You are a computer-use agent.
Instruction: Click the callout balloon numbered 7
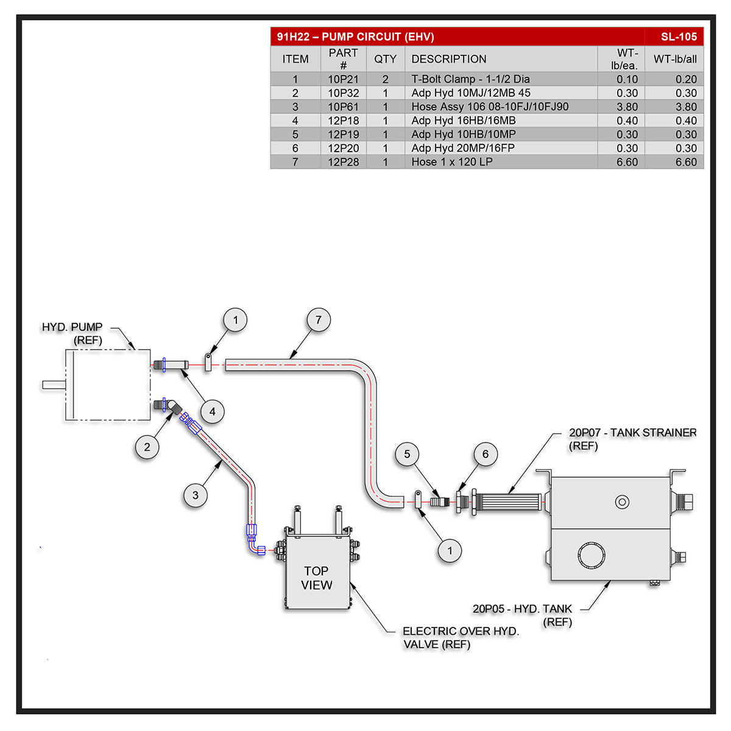[x=319, y=320]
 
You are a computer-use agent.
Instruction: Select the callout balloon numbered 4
[x=213, y=412]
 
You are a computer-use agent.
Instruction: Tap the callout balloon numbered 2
[x=147, y=447]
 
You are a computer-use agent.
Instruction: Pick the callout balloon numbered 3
[x=196, y=495]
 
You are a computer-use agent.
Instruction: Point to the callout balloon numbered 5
[x=408, y=454]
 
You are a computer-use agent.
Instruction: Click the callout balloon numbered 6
[x=486, y=454]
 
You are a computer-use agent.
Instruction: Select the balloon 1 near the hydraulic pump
[x=236, y=320]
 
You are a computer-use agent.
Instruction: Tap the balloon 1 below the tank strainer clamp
[x=450, y=551]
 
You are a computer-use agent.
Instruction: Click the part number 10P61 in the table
[x=344, y=107]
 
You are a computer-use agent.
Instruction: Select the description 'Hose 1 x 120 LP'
[x=452, y=162]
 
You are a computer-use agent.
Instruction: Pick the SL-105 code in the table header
[x=679, y=37]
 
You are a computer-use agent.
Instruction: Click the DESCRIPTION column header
[x=449, y=59]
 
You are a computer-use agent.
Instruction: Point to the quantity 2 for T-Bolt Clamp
[x=385, y=79]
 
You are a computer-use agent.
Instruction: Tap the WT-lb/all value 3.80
[x=686, y=107]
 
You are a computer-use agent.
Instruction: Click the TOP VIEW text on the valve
[x=317, y=578]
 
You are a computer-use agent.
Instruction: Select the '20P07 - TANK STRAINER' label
[x=632, y=433]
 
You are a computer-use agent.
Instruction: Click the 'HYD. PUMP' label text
[x=72, y=327]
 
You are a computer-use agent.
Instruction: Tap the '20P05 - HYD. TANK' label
[x=522, y=609]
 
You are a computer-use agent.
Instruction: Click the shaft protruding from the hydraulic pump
[x=54, y=384]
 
